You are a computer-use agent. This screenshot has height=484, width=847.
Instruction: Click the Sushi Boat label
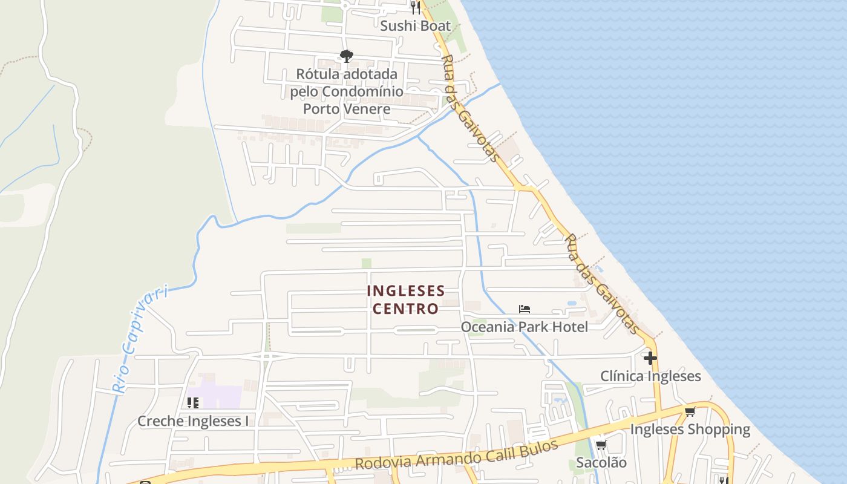[416, 25]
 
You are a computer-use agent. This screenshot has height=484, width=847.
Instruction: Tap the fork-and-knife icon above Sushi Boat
[415, 7]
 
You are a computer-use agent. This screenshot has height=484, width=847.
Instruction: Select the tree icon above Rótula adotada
[346, 56]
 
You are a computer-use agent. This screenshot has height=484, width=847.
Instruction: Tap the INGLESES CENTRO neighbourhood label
[405, 299]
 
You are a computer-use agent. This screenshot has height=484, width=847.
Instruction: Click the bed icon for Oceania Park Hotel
[525, 309]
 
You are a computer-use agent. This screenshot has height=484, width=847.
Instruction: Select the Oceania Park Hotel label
[525, 327]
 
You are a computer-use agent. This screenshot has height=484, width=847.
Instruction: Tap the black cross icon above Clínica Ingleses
[650, 358]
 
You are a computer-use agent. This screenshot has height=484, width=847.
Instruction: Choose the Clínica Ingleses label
[650, 376]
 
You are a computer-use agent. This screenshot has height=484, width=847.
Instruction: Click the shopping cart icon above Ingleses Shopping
[690, 412]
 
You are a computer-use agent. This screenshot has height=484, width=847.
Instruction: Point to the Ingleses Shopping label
[690, 430]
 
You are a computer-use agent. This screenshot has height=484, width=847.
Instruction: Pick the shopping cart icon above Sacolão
[601, 445]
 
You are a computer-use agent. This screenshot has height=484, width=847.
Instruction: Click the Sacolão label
[601, 463]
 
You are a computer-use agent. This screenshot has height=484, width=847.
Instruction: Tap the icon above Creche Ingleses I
[193, 402]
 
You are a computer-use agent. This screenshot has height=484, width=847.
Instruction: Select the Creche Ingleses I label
[193, 421]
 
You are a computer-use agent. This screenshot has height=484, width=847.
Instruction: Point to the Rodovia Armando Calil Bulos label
[456, 455]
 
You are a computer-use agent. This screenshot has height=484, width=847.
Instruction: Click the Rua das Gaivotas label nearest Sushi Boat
[471, 109]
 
